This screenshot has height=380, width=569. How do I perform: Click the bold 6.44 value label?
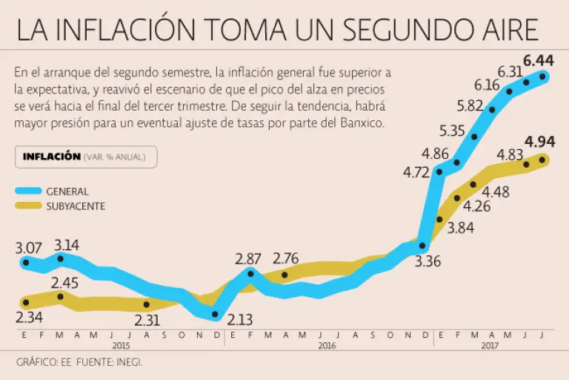point(540,60)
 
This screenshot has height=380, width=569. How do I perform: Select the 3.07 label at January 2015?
point(30,246)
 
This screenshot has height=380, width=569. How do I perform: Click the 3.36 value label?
point(427,261)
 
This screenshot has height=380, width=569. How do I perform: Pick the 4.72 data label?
point(416,173)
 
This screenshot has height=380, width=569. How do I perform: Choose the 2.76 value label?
point(287,259)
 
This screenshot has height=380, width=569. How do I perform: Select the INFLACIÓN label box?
point(86,157)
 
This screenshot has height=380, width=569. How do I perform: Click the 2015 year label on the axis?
point(121,346)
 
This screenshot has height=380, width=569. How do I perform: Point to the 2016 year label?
point(327,346)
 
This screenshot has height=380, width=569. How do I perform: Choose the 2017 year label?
point(490,346)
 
